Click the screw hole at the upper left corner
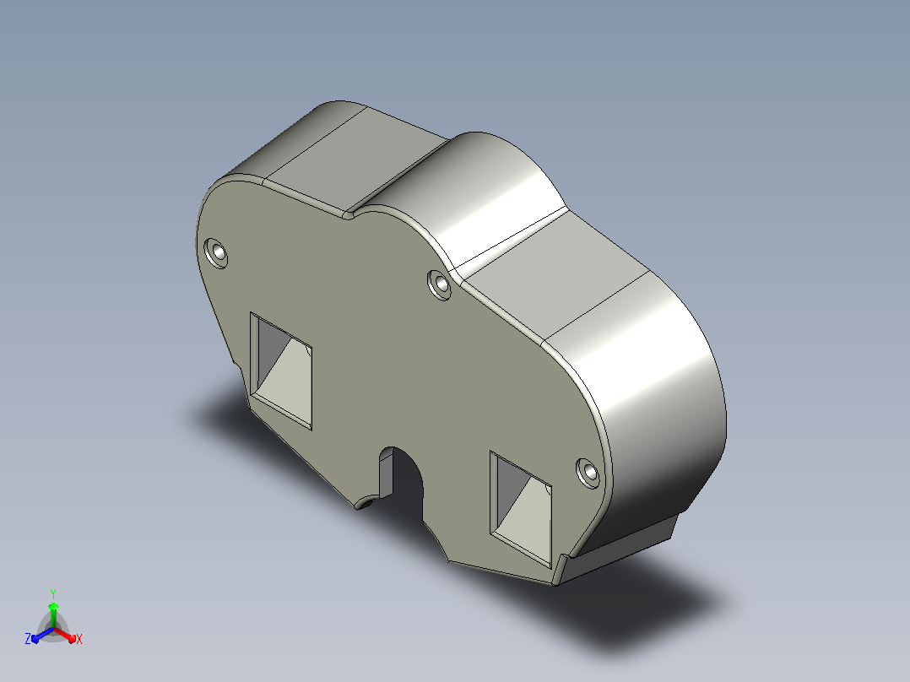click(216, 253)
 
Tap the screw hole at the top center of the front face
click(440, 284)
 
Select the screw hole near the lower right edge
click(588, 473)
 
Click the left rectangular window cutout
click(281, 371)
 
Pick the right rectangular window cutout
click(521, 509)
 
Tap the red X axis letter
click(79, 639)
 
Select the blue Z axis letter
click(27, 638)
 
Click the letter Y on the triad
click(53, 593)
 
